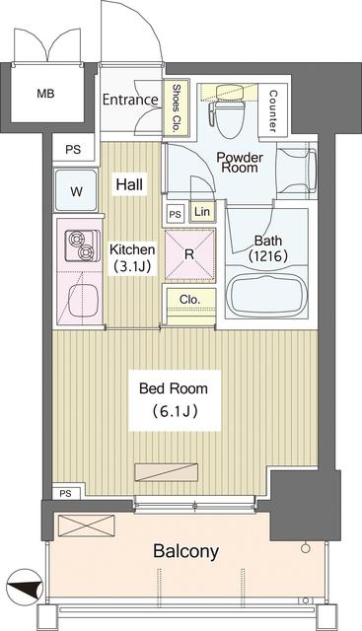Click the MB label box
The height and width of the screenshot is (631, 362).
(x=45, y=95)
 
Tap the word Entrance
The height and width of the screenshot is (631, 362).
(x=130, y=100)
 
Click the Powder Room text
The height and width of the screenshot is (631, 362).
(x=238, y=162)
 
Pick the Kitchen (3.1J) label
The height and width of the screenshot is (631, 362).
(x=132, y=257)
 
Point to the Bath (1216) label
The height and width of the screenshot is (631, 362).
(x=268, y=248)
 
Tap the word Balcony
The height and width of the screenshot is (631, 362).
(x=185, y=551)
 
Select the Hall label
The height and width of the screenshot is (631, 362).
(x=128, y=184)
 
